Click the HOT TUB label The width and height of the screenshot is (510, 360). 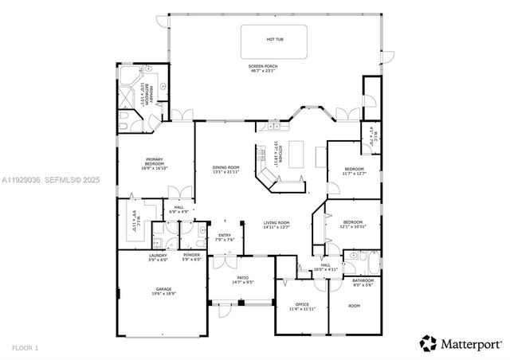tap(276, 39)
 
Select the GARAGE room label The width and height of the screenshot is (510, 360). tap(164, 291)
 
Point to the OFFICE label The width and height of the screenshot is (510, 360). tap(302, 305)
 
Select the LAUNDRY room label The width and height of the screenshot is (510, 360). tap(158, 256)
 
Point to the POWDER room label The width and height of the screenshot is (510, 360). tap(192, 256)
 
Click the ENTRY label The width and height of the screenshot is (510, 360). tap(225, 236)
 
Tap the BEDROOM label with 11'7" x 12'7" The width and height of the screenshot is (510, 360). tap(354, 170)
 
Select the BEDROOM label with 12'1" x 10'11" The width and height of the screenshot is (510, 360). tap(352, 224)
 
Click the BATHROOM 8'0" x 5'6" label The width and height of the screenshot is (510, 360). tap(363, 282)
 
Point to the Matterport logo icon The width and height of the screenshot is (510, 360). tap(429, 344)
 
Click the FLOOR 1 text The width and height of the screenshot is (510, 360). tap(25, 348)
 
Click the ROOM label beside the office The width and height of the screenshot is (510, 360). tap(355, 305)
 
